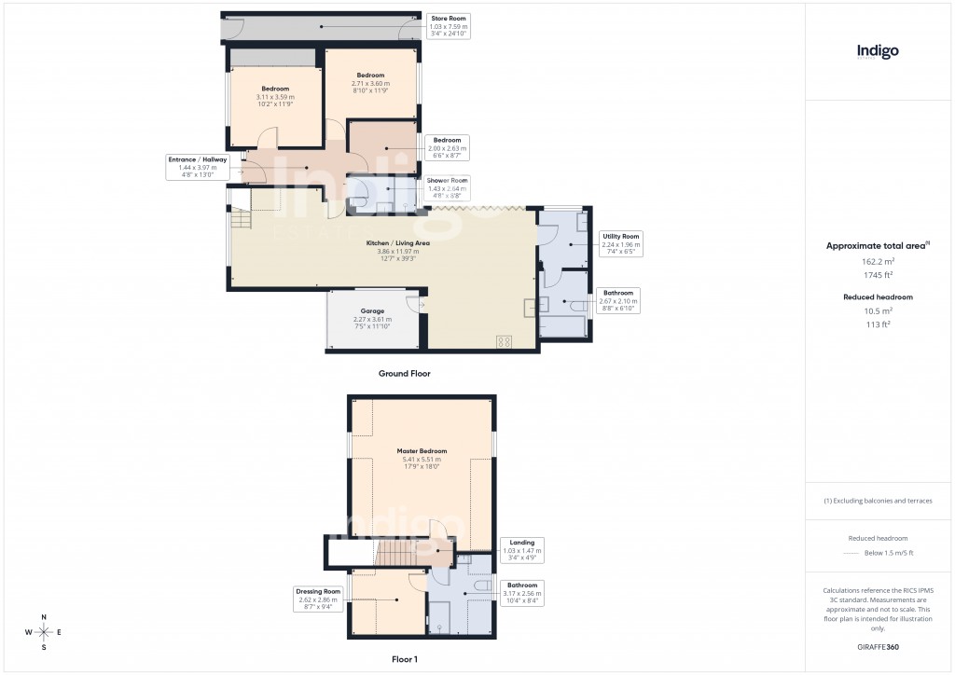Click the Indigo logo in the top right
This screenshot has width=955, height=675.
coord(878,51)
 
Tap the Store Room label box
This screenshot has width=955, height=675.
coord(449,26)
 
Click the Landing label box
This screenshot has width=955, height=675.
coord(523,551)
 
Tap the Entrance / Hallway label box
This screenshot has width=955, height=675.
coord(197,166)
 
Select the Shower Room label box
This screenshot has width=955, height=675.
coord(448,188)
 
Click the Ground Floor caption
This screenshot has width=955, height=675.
coord(404,374)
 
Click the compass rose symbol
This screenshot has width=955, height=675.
coord(44,632)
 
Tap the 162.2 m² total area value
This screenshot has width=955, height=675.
coord(877,262)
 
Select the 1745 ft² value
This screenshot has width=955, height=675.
coord(877,275)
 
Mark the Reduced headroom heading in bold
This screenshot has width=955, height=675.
coord(877,297)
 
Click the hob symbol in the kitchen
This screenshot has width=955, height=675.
coord(505,341)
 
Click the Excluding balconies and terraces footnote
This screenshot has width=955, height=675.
coord(878,501)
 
